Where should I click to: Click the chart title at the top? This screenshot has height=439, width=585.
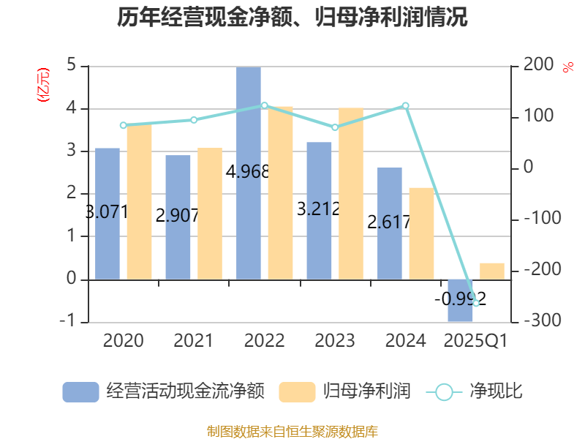(292, 18)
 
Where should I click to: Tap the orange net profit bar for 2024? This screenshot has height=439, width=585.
(421, 233)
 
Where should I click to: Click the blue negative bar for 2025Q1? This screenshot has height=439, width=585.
(461, 300)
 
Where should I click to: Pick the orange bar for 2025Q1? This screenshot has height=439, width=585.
(492, 271)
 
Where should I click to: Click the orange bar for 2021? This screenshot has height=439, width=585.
(210, 214)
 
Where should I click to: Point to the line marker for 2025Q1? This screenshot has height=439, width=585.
(476, 303)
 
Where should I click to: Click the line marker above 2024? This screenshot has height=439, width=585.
(406, 106)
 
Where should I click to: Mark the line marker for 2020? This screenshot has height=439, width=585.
(123, 125)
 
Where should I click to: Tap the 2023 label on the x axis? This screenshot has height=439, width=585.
(334, 341)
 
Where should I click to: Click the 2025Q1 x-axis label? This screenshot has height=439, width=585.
(476, 341)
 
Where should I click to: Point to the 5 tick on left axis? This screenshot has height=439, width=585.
(72, 66)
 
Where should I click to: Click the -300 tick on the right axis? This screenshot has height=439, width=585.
(537, 322)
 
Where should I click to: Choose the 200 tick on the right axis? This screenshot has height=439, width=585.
(538, 66)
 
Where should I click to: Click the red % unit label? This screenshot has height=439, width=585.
(568, 67)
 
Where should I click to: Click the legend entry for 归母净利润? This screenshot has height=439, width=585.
(345, 391)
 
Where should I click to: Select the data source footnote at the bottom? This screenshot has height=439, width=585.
(292, 431)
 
